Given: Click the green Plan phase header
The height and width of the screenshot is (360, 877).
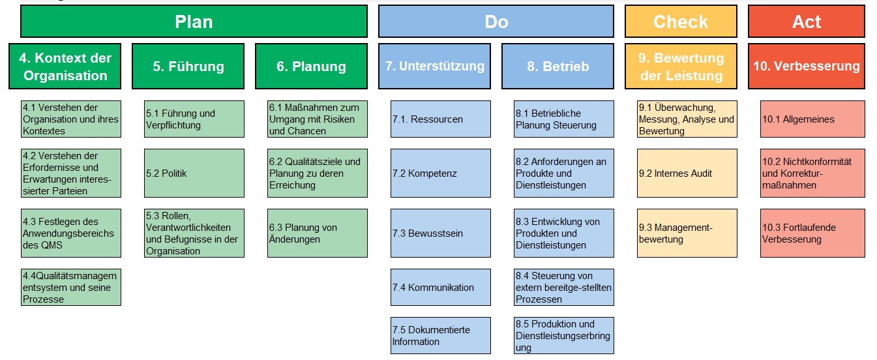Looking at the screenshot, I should coord(194,22).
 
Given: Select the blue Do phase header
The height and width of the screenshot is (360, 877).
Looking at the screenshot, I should coord(496,22).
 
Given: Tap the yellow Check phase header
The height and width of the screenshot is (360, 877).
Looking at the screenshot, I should coord(680,22).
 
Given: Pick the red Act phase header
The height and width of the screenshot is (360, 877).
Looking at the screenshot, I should coord(807,22).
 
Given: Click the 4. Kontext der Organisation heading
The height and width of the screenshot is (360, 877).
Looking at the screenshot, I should coord(65,66).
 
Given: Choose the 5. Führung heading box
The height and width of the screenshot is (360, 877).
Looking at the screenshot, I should coord(188,66).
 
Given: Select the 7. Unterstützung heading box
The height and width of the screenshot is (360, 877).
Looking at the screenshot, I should coord(434,66).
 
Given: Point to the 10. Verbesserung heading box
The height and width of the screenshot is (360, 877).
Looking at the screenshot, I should coord(807,66).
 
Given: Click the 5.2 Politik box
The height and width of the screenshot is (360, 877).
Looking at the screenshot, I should coord(194,173).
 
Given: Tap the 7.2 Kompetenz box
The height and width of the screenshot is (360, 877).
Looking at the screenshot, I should coord(441,173).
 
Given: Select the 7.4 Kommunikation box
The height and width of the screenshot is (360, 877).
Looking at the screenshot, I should coord(441,287).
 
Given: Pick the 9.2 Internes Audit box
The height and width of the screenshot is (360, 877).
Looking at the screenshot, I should coord(687,173).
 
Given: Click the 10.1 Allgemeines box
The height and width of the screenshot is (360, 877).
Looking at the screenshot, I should coord(812,119).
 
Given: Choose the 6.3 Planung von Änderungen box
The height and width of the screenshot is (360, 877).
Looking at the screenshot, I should coord(318,233).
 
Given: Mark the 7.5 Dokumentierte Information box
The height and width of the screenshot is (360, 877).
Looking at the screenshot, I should coord(441,335).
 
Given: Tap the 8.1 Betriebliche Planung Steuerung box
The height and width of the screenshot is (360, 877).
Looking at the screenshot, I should coord(564,119).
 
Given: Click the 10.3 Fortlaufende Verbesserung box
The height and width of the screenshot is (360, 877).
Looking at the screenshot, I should coord(812,233).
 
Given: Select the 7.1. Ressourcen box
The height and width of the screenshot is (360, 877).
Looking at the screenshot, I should coord(441,119).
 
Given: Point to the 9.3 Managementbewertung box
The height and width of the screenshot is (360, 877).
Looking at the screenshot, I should coord(687,233).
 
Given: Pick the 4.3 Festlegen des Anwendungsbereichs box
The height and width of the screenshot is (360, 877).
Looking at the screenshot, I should coord(71,233).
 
